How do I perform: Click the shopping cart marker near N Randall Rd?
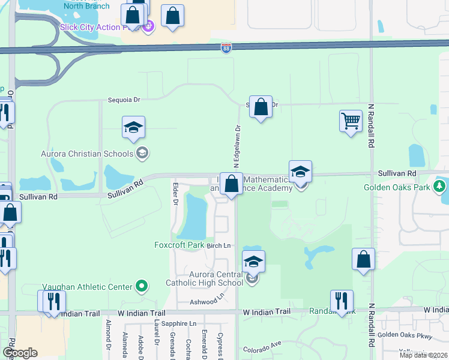[x=351, y=121]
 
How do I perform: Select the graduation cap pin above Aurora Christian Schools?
[x=133, y=127]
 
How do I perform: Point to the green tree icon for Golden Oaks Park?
[x=441, y=187]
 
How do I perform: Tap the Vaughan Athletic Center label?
[x=87, y=287]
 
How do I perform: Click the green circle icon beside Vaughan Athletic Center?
[x=141, y=286]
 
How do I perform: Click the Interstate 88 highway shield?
[x=226, y=48]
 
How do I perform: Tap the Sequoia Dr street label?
[x=124, y=100]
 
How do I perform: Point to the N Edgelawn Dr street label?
[x=238, y=146]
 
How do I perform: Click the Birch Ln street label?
[x=219, y=245]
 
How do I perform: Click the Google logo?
[x=20, y=353]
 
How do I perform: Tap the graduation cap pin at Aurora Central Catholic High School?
[x=253, y=262]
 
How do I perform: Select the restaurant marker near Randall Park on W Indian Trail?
[x=342, y=301]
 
